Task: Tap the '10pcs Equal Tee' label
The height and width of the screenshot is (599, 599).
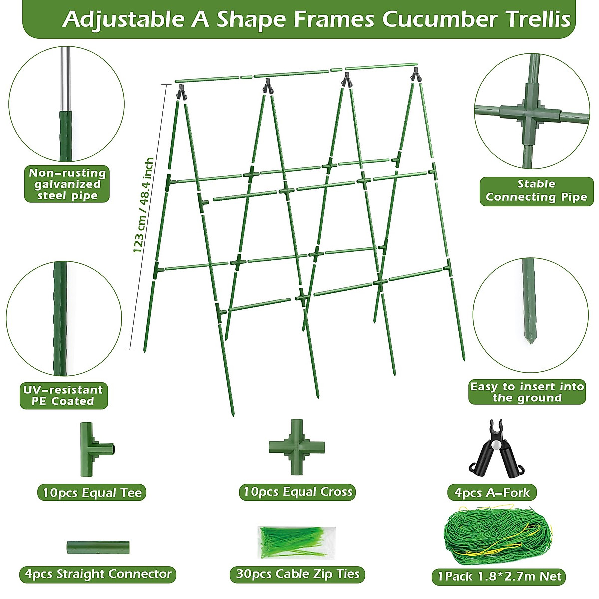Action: click(92, 493)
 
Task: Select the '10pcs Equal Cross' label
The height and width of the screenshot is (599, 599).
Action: click(298, 492)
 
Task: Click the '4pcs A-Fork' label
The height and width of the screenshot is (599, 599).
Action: click(492, 493)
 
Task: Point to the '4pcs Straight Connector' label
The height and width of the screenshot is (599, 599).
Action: click(98, 574)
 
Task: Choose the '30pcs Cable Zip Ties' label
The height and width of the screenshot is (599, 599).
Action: click(298, 574)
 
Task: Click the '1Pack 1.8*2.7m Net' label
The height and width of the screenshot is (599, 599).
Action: click(499, 576)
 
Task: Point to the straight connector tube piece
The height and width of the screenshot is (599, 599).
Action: click(98, 547)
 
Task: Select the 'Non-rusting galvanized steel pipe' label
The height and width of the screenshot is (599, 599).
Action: click(67, 184)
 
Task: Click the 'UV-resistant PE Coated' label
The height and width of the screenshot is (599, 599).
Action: click(63, 395)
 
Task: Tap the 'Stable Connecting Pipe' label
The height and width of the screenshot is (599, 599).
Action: click(536, 191)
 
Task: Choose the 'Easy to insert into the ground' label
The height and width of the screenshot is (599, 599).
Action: click(527, 392)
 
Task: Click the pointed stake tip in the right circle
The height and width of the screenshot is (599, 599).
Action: click(530, 339)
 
